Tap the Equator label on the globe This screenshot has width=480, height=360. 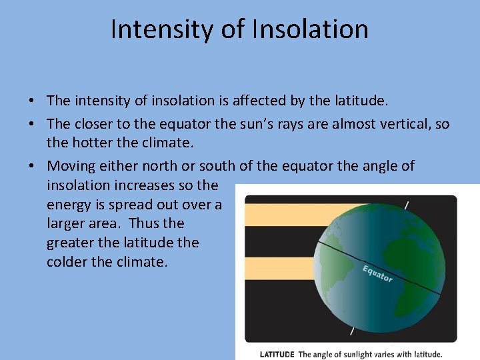point(377,273)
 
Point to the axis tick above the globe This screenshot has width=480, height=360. point(406,205)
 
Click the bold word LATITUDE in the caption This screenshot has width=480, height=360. point(277,355)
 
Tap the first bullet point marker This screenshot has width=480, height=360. point(31,101)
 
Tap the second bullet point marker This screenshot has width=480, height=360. point(31,125)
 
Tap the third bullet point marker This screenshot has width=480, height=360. point(31,166)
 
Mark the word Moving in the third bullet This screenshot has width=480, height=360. point(71,165)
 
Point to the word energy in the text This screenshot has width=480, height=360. point(69,204)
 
